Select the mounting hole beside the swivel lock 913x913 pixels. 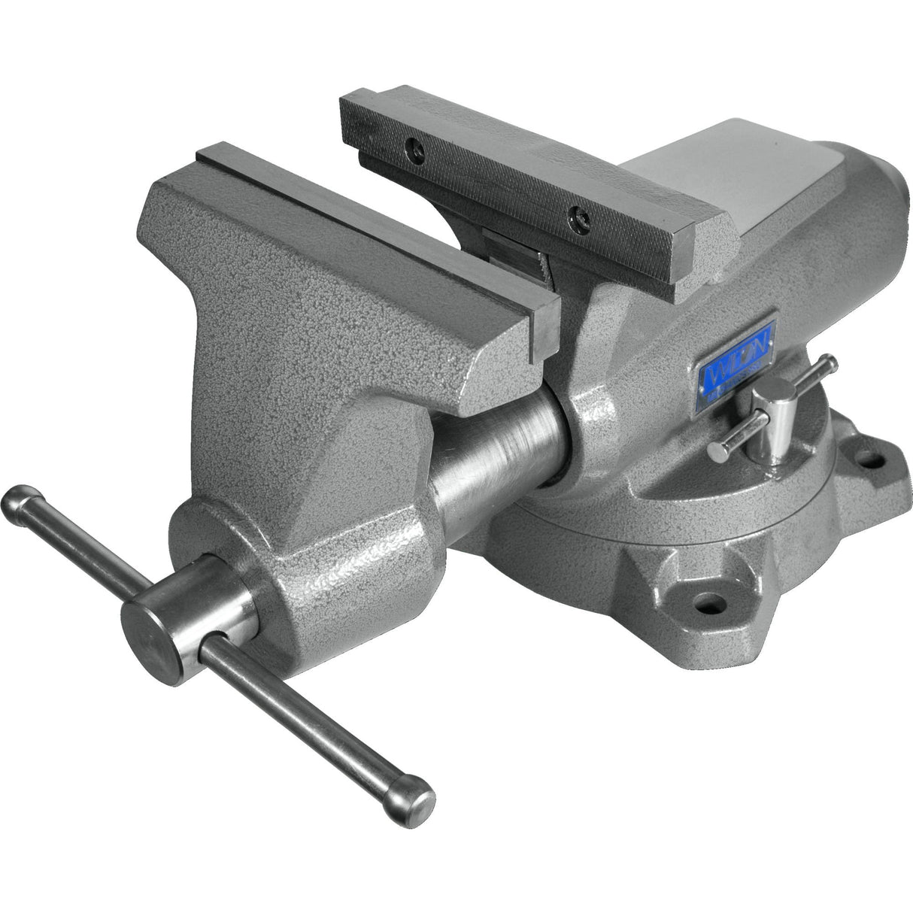point(870,456)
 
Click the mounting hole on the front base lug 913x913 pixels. point(703,602)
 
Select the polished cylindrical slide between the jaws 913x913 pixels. point(496,466)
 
